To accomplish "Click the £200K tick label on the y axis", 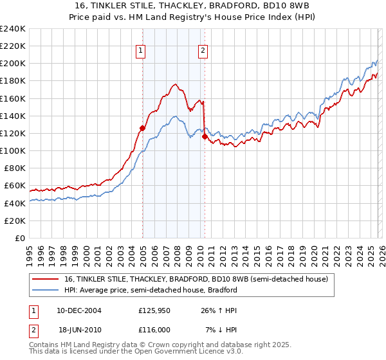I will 12,64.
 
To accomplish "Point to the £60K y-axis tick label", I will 14,186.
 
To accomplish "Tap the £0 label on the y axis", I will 19,238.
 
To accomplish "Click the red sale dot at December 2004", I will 142,128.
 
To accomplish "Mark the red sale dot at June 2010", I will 205,136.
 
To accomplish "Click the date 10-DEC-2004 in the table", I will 74,310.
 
